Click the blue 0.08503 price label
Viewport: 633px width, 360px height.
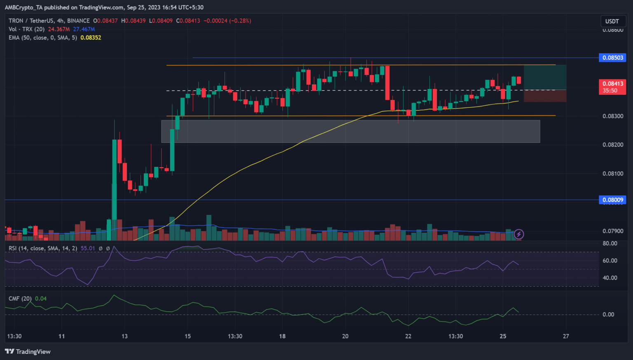[x=612, y=58]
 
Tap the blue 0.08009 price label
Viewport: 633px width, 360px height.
[x=612, y=200]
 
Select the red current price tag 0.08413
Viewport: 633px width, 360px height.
[x=612, y=84]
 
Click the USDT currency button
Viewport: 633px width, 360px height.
[x=612, y=21]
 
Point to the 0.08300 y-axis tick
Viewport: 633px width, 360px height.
[x=613, y=116]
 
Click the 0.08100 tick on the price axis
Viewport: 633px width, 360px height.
[x=613, y=173]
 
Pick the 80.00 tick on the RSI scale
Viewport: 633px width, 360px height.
[x=610, y=243]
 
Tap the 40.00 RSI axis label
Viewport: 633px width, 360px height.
[x=610, y=278]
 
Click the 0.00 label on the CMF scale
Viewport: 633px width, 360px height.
[x=608, y=314]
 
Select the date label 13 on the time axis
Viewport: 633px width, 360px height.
[x=124, y=336]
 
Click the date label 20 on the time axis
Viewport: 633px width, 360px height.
[x=345, y=336]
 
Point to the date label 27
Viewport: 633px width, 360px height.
[x=566, y=336]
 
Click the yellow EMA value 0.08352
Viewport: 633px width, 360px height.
[x=91, y=37]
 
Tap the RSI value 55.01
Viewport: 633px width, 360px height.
[x=88, y=248]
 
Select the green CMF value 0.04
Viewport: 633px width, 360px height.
[x=41, y=299]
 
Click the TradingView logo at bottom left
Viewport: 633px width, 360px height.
[x=28, y=351]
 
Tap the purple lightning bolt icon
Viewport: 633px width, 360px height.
[x=519, y=234]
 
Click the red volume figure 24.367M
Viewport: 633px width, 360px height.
[x=59, y=29]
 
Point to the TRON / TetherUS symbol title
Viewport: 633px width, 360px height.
[x=49, y=21]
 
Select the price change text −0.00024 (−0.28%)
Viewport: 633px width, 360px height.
[x=227, y=21]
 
